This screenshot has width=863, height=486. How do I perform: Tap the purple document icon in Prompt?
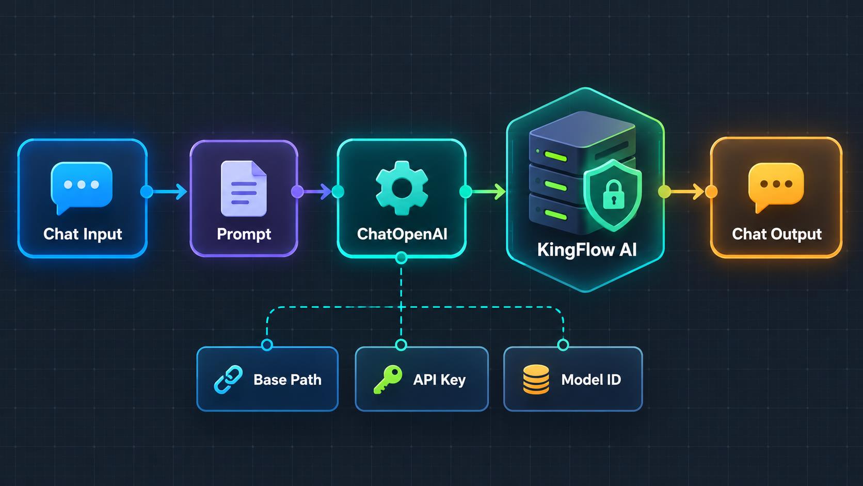(x=244, y=189)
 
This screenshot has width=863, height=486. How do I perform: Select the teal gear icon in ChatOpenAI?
(x=402, y=187)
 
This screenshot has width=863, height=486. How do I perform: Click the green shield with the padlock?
(x=613, y=195)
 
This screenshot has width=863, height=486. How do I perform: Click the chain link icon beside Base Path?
(x=228, y=380)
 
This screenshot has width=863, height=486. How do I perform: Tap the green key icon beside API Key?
(x=388, y=379)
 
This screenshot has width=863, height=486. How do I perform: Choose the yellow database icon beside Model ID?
(x=536, y=380)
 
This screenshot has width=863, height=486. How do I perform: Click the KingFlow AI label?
(x=587, y=250)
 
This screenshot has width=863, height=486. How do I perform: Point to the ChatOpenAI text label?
(x=402, y=234)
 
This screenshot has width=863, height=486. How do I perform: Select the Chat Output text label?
(x=777, y=234)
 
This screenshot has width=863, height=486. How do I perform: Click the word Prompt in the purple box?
(x=244, y=234)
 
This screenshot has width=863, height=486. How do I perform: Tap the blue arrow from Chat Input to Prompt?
(x=167, y=192)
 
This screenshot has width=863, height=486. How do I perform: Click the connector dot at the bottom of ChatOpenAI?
(x=401, y=257)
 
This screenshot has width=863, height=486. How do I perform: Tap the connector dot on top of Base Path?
(x=267, y=344)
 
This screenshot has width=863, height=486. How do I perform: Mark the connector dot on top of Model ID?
(x=563, y=344)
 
